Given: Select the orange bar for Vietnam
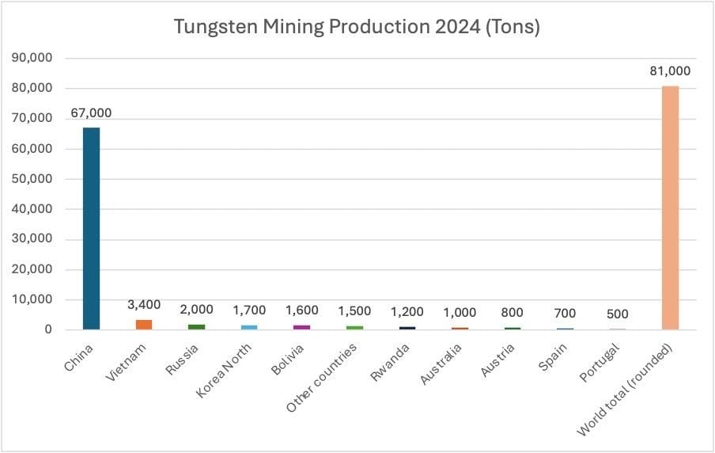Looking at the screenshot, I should tap(143, 324).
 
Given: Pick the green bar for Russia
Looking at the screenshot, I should tap(196, 326).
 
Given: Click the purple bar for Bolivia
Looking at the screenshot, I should tap(301, 326).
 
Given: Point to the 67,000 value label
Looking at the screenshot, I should tap(91, 113).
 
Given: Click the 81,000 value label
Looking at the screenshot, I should tap(670, 71).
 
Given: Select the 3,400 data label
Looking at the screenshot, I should tap(143, 305).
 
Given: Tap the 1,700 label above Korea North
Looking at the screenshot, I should tap(249, 310).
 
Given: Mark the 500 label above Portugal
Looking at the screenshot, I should tap(617, 314).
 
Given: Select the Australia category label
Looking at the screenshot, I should tap(437, 364).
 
